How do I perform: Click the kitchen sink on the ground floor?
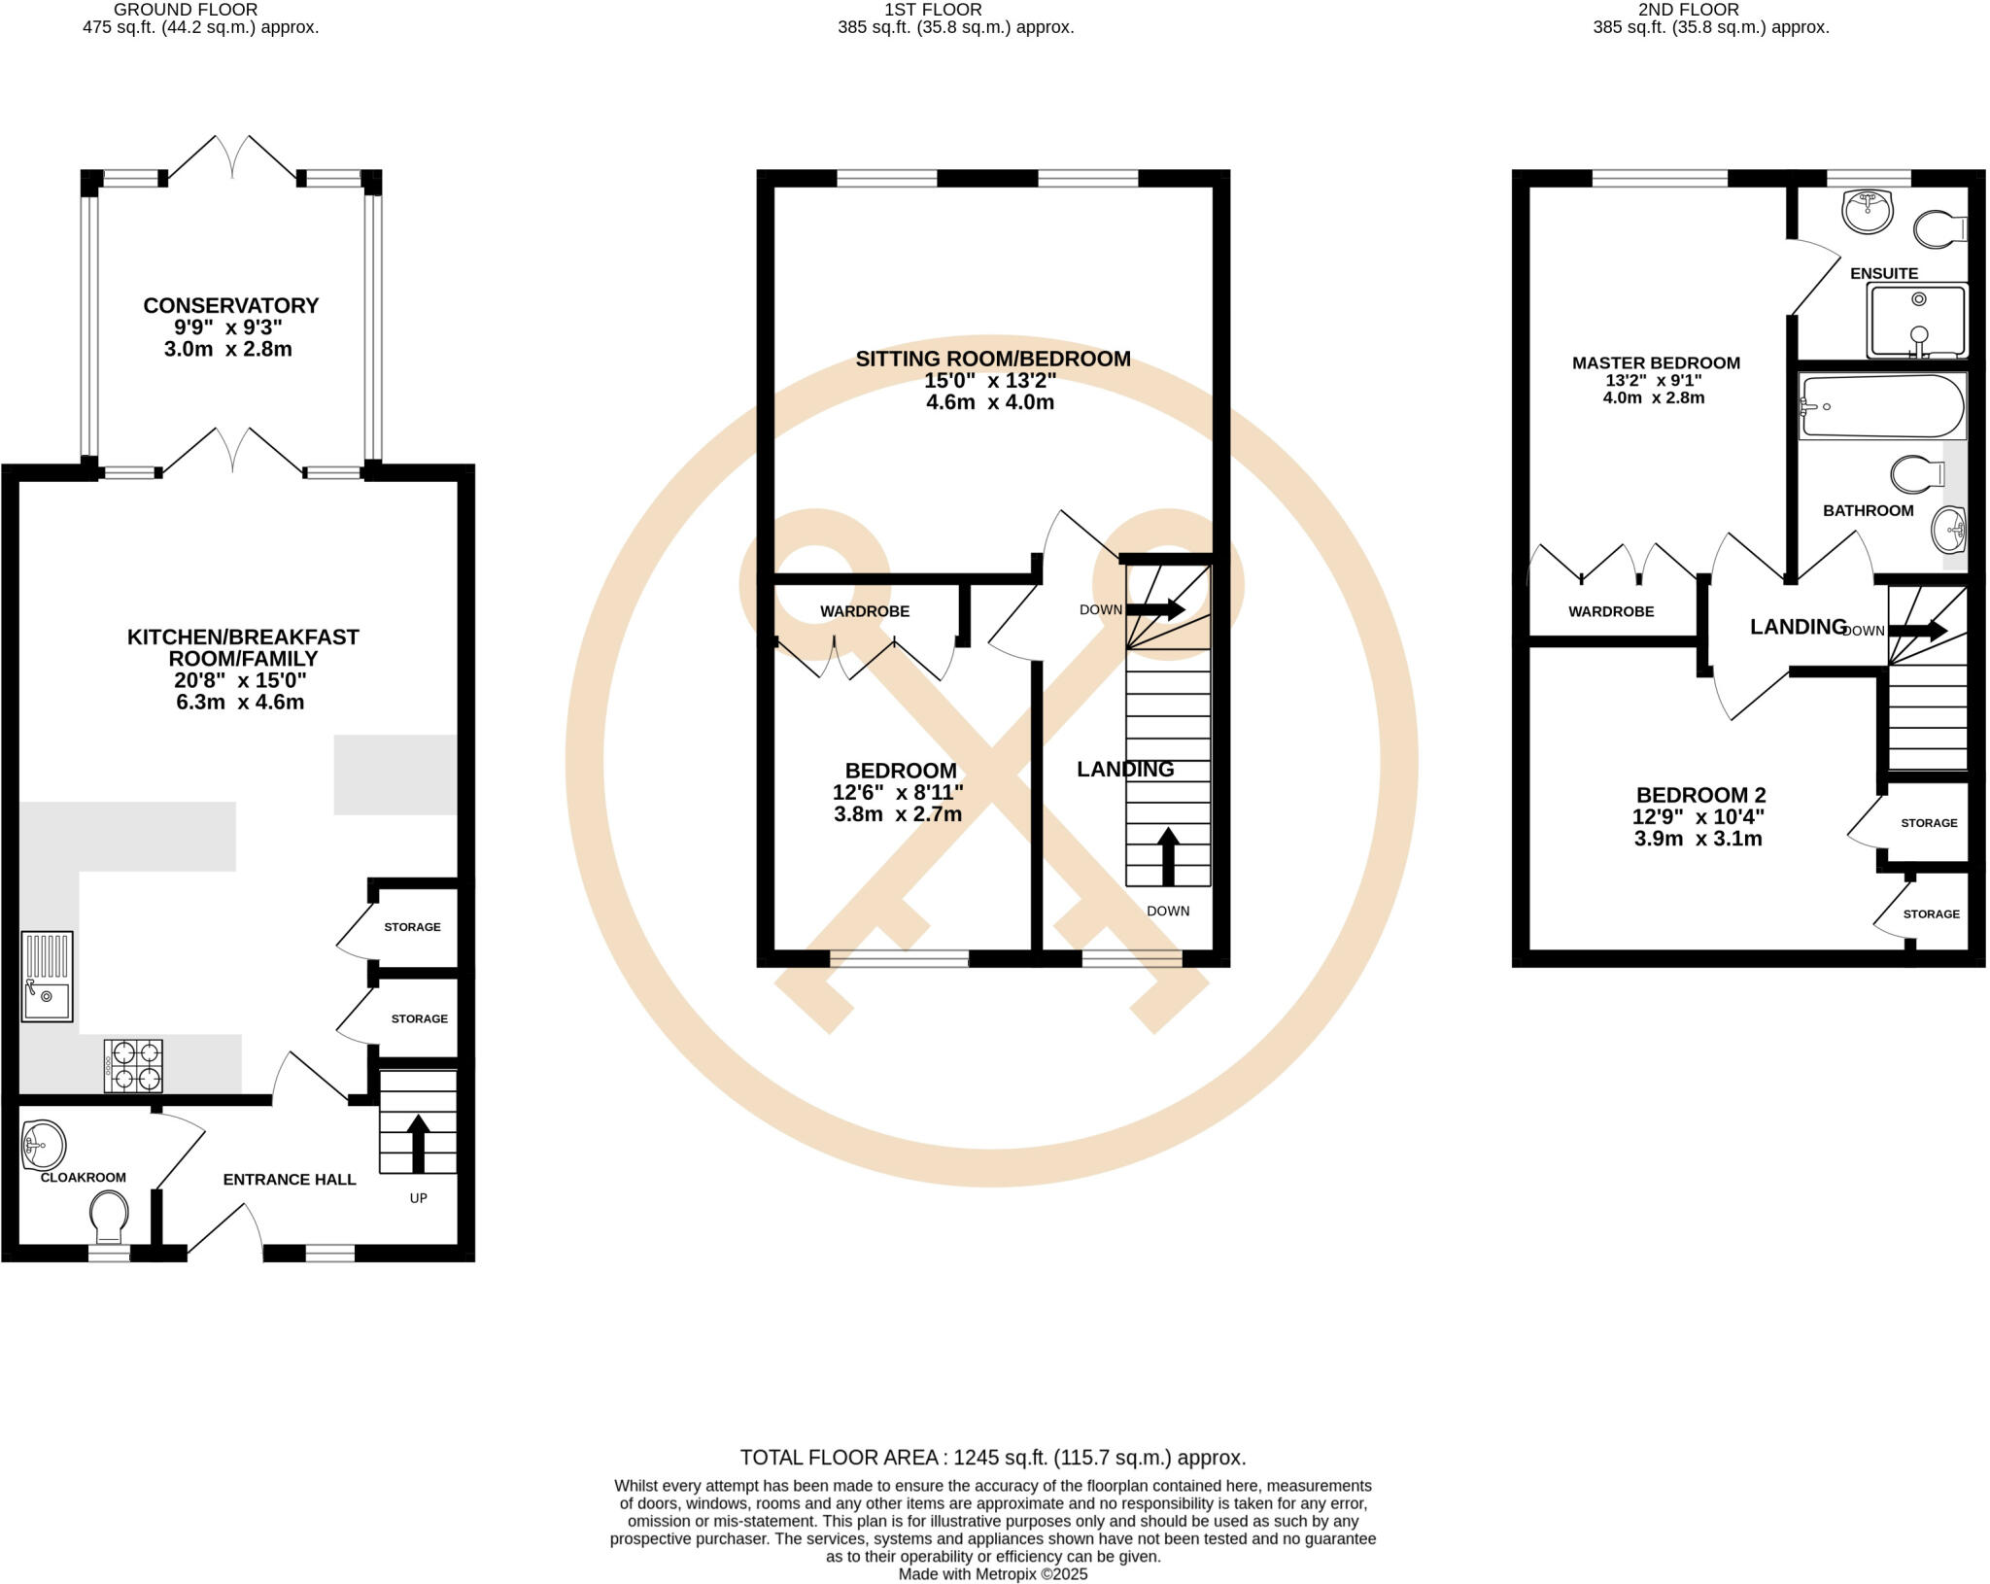click(47, 977)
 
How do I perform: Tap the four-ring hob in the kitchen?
click(133, 1066)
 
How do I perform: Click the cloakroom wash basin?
click(44, 1145)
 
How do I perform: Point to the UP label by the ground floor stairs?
click(418, 1198)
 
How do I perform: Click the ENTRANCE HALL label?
click(290, 1180)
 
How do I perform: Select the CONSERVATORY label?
click(230, 305)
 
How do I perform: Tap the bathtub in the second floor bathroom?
click(1881, 406)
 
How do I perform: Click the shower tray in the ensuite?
click(1915, 321)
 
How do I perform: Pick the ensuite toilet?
click(1939, 229)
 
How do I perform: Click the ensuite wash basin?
click(1867, 210)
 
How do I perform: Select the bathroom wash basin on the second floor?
click(1949, 530)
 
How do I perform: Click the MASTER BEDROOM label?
click(1656, 363)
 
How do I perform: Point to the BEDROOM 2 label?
click(1700, 795)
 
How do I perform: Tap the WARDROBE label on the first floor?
click(864, 611)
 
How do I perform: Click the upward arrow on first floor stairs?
click(1168, 855)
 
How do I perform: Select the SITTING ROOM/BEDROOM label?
click(992, 359)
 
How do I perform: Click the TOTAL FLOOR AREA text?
click(992, 1458)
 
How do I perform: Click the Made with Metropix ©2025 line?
click(992, 1574)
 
